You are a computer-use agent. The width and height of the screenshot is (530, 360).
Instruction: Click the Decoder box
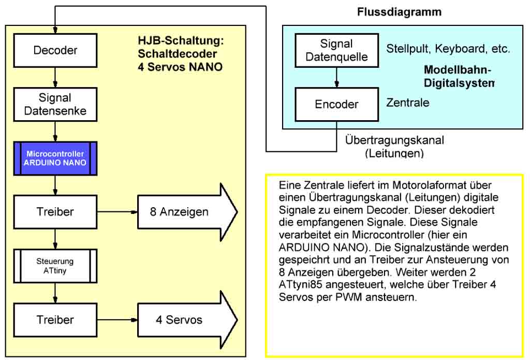[x=55, y=50]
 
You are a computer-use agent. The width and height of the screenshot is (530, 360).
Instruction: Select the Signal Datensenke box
[x=55, y=104]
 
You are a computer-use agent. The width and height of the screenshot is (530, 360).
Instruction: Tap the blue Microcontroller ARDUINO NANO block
[x=55, y=159]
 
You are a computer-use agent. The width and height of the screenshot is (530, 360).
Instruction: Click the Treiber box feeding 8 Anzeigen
[x=55, y=212]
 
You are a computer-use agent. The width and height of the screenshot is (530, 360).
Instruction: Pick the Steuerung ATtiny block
[x=55, y=266]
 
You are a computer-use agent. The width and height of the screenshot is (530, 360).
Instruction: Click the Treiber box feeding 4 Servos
[x=55, y=320]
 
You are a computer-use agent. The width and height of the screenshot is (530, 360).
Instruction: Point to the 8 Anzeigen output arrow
[x=186, y=212]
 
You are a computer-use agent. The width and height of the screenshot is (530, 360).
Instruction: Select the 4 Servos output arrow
[x=186, y=320]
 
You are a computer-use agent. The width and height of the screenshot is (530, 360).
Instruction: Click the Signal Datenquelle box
[x=336, y=50]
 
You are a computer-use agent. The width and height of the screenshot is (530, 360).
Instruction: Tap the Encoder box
[x=336, y=104]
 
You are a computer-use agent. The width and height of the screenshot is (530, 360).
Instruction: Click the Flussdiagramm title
[x=400, y=12]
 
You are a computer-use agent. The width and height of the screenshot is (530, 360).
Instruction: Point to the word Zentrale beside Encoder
[x=408, y=103]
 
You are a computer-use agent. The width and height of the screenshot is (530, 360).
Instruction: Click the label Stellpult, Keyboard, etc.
[x=448, y=49]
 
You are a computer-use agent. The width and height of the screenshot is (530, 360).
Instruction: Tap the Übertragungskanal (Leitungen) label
[x=394, y=147]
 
